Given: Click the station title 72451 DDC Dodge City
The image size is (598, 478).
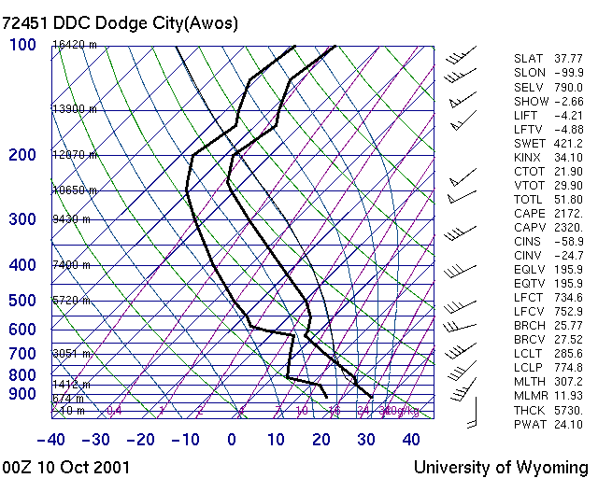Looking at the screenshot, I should tap(121, 22).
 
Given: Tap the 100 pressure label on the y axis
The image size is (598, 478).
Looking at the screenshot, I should tap(22, 45).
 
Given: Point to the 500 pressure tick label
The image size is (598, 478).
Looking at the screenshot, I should tap(22, 301).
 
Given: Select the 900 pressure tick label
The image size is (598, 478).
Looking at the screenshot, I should tap(22, 394).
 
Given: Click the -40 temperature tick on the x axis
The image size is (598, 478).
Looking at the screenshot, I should tap(51, 440).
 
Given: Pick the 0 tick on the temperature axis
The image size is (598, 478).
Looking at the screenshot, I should tap(231, 440).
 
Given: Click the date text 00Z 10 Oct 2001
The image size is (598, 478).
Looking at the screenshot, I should tap(66, 467).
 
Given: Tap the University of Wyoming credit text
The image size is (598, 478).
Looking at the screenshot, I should tap(501, 467).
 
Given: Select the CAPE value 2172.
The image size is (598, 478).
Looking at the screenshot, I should tap(569, 214).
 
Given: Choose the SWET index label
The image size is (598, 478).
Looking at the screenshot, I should tap(530, 143).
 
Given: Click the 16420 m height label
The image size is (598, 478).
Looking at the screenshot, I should tap(75, 44).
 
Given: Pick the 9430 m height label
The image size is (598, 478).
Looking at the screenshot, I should tap(72, 219).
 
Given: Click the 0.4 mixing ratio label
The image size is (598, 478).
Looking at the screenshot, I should tap(114, 410).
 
